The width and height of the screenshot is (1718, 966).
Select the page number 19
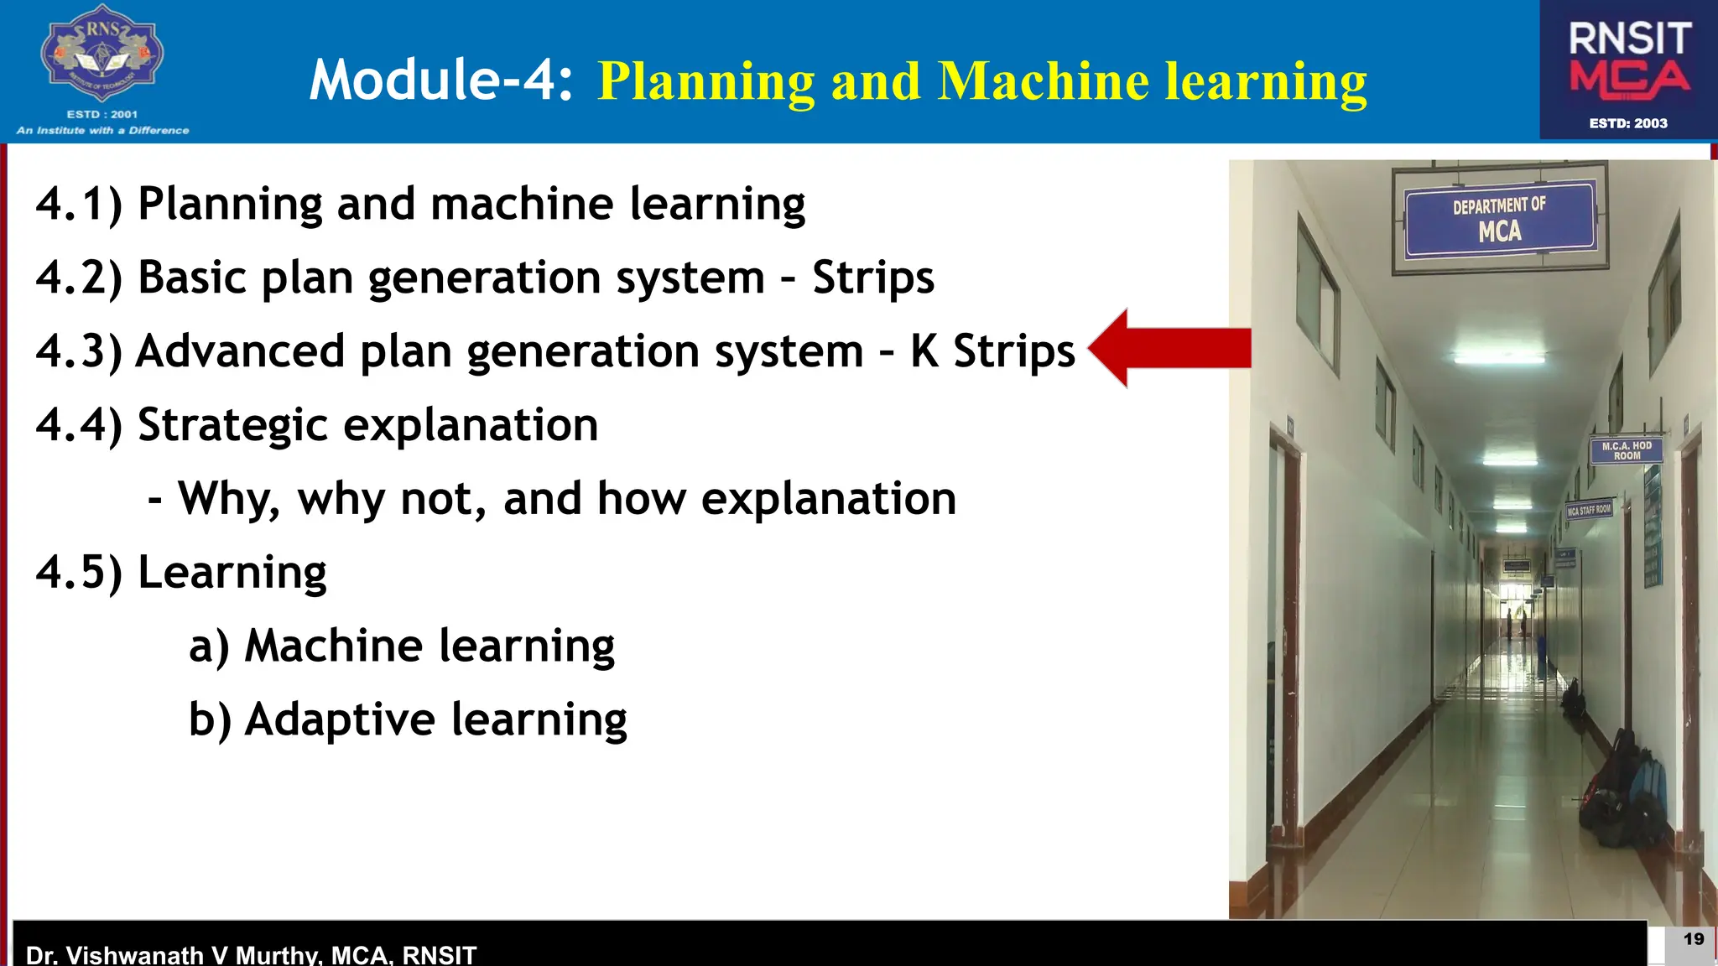[1693, 939]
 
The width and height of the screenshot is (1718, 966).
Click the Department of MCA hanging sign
[1500, 219]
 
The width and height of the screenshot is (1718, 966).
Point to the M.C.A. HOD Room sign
[1626, 450]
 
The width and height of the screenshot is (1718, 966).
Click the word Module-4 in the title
[440, 80]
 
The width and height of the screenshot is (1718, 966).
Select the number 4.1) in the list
[79, 204]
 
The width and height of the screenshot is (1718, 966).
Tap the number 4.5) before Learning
[79, 573]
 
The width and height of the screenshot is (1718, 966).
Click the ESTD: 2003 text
[1628, 123]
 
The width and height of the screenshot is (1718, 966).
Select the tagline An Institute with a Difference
[102, 130]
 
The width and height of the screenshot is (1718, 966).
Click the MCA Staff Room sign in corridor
[1589, 510]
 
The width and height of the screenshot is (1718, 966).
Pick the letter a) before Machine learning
[208, 647]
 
